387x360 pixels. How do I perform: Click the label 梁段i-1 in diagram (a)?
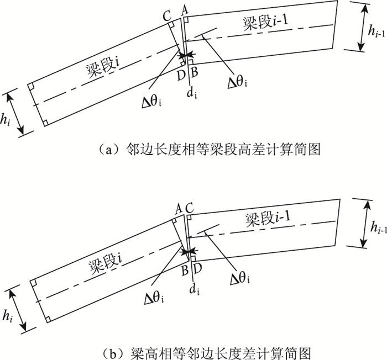point(269,23)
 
